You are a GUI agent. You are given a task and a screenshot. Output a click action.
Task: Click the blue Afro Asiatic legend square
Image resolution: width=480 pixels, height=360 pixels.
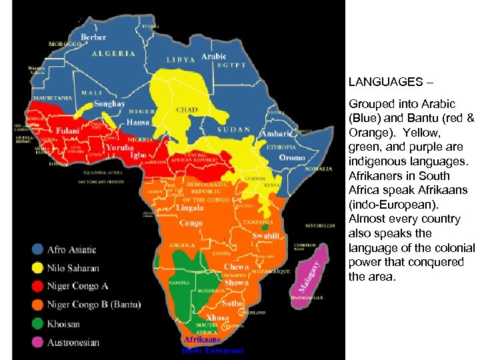pos(37,250)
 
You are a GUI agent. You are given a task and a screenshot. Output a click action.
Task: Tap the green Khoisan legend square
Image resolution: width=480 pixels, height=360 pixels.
pos(37,324)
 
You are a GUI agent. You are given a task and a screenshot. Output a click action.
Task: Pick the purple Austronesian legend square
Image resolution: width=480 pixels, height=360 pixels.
pos(37,343)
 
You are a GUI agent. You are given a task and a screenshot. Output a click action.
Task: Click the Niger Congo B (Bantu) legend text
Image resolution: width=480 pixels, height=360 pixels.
pos(94,305)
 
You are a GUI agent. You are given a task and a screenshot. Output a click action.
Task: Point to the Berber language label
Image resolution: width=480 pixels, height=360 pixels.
pos(93,37)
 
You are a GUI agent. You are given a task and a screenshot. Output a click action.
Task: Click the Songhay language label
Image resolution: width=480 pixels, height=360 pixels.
pos(108,104)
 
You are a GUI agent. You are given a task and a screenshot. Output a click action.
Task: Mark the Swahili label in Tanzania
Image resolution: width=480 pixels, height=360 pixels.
pos(265,236)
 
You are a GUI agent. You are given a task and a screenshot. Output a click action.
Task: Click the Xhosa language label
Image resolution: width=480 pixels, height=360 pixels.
pos(218,317)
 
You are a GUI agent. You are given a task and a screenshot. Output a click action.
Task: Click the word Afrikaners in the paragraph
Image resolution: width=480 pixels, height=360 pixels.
pos(372,176)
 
